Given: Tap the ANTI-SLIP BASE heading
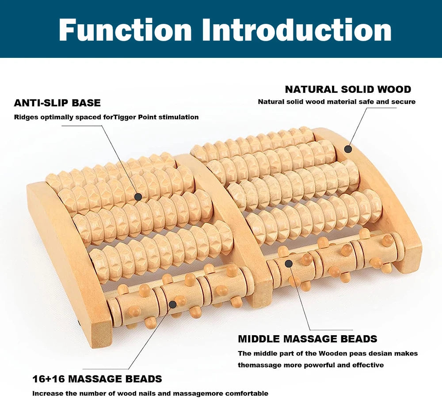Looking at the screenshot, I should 57,103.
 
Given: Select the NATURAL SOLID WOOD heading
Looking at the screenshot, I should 348,89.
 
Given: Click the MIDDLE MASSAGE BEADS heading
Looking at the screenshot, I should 308,339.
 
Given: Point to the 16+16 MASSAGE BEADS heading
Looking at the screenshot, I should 97,379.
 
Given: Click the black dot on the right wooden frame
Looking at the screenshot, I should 348,149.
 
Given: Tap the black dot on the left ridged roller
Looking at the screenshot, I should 138,197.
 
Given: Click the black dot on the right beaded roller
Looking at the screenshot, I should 289,264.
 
